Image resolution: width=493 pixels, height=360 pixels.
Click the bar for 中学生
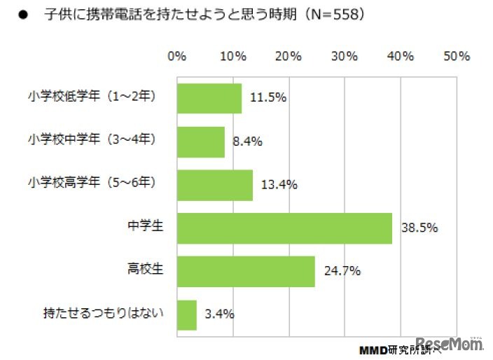(284, 228)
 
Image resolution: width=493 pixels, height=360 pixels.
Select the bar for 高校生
(246, 271)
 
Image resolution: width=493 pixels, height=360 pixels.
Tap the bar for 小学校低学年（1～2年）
(209, 98)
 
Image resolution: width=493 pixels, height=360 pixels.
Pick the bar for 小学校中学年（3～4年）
(201, 141)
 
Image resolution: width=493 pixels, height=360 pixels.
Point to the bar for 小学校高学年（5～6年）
(215, 185)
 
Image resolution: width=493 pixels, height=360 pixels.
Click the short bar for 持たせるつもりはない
(187, 314)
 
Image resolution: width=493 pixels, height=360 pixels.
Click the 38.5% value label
(419, 228)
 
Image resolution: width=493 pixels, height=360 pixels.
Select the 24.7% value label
(342, 271)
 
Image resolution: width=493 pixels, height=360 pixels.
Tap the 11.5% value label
(268, 98)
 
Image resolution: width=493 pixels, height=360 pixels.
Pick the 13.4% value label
(279, 185)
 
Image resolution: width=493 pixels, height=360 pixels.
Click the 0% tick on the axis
(177, 57)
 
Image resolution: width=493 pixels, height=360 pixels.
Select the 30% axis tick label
(344, 57)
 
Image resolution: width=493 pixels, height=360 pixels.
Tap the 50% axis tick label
(456, 57)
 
